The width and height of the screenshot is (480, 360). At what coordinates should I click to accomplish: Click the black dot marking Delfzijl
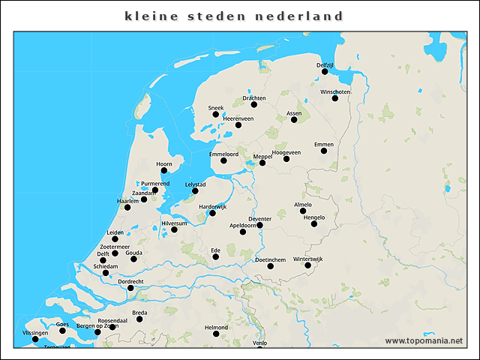click(325, 72)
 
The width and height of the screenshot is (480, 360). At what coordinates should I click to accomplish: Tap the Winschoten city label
click(334, 92)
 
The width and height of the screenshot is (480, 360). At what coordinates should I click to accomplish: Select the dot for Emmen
click(324, 151)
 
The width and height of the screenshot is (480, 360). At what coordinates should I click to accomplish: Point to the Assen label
click(294, 113)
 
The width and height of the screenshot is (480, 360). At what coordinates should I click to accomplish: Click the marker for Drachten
click(254, 104)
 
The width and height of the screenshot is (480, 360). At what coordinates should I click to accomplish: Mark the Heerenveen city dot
click(238, 124)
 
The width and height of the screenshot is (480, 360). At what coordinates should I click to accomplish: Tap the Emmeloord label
click(223, 154)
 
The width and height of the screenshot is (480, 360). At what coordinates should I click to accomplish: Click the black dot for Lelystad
click(195, 190)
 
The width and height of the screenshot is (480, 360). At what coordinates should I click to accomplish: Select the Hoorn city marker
click(164, 170)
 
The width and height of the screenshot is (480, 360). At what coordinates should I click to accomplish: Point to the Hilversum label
click(174, 223)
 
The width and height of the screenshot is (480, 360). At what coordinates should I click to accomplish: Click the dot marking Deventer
click(259, 225)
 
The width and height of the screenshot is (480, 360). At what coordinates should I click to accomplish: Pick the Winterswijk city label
click(307, 259)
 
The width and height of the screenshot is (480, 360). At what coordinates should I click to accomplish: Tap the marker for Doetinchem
click(270, 266)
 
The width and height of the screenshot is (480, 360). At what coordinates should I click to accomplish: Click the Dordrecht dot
click(130, 288)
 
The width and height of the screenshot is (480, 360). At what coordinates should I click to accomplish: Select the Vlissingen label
click(35, 332)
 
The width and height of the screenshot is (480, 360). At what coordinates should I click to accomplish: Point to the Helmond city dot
click(216, 334)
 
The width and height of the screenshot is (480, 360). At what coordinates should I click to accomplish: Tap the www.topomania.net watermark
click(424, 340)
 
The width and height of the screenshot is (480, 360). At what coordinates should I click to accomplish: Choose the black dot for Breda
click(139, 319)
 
